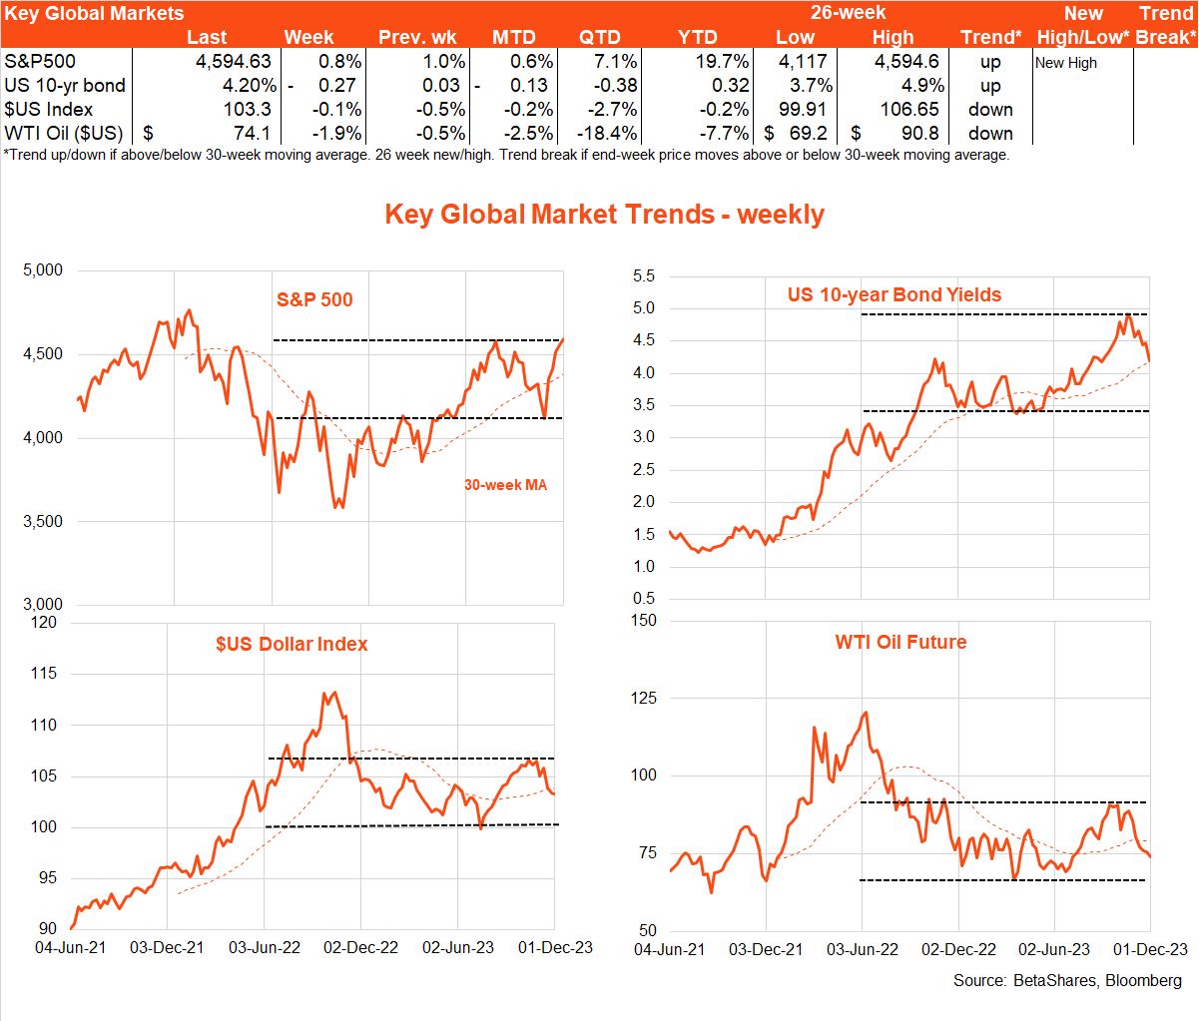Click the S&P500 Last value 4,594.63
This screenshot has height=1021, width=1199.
[x=233, y=62]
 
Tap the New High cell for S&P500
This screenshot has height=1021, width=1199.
[x=1065, y=63]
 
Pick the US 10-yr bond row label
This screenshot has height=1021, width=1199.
[x=65, y=86]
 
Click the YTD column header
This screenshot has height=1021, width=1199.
[x=697, y=38]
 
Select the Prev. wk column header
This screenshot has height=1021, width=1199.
[x=417, y=38]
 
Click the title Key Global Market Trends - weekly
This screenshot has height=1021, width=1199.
[x=604, y=215]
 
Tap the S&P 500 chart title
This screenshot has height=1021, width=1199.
[x=314, y=299]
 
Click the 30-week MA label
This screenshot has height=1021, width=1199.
[x=505, y=485]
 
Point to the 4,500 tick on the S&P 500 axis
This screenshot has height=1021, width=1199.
[x=42, y=354]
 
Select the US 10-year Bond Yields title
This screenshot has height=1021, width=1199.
[x=894, y=294]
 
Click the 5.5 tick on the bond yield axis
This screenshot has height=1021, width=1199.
[x=644, y=276]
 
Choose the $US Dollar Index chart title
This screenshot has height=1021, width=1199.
[x=292, y=644]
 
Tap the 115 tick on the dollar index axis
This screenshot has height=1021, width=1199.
[x=44, y=674]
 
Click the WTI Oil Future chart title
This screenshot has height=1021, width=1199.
[x=900, y=642]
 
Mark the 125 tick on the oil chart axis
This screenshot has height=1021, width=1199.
[x=644, y=698]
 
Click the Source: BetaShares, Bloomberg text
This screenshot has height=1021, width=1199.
[x=1067, y=980]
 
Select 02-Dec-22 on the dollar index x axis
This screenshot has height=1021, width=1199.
[x=360, y=947]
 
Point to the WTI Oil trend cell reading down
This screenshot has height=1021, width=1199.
[x=990, y=134]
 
